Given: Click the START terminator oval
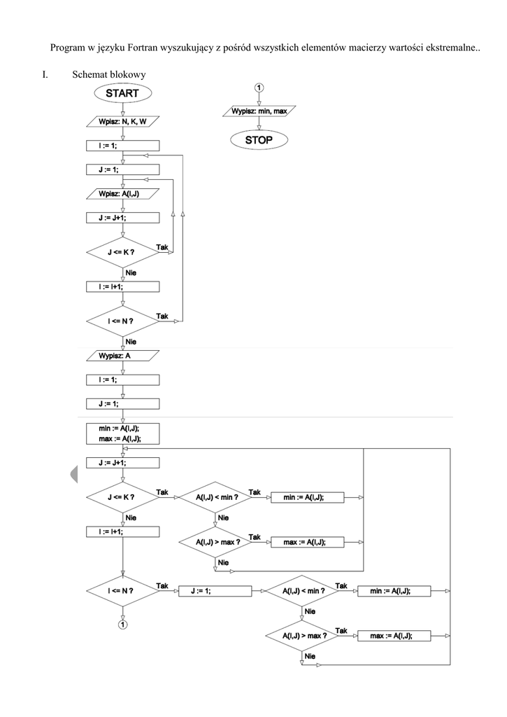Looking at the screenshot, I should point(122,93).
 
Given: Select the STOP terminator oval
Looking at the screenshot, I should point(259,140).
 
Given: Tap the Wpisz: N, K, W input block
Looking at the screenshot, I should point(122,122).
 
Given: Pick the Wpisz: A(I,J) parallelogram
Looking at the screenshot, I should point(122,193).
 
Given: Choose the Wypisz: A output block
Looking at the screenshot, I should point(122,356).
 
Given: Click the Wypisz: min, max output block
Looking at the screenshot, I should point(259,111).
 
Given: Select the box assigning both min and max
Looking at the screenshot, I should point(122,432).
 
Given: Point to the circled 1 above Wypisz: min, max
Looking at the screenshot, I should point(259,88).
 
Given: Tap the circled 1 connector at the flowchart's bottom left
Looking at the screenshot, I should point(122,624).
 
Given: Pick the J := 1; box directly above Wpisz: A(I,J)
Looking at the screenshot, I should point(122,169).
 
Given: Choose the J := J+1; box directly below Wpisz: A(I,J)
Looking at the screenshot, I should point(122,218).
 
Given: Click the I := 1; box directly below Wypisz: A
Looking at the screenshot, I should point(122,380).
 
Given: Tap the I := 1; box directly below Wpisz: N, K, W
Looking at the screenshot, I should point(122,146).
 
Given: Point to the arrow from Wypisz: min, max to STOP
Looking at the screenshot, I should point(259,123).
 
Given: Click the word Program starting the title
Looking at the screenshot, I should point(68,48).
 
